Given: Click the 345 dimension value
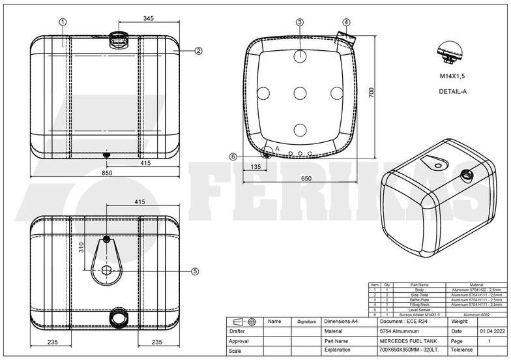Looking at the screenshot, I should pos(148,20).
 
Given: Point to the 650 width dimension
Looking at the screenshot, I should pos(305,178).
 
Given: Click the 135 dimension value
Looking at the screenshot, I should pos(256,167).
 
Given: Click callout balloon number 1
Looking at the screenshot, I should pos(63,22).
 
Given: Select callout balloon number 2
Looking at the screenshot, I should pos(198,50).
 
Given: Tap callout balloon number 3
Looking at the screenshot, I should pos(299,22).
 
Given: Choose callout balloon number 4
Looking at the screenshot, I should pos(345,22).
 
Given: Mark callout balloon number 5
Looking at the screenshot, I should pos(194,271).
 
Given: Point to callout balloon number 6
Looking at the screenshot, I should pos(233,156).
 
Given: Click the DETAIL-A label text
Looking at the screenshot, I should pos(452,91).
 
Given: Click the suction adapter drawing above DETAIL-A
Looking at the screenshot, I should pos(449,53).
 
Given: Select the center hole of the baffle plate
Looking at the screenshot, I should pos(300,93).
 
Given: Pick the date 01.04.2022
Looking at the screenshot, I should pos(492,331).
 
